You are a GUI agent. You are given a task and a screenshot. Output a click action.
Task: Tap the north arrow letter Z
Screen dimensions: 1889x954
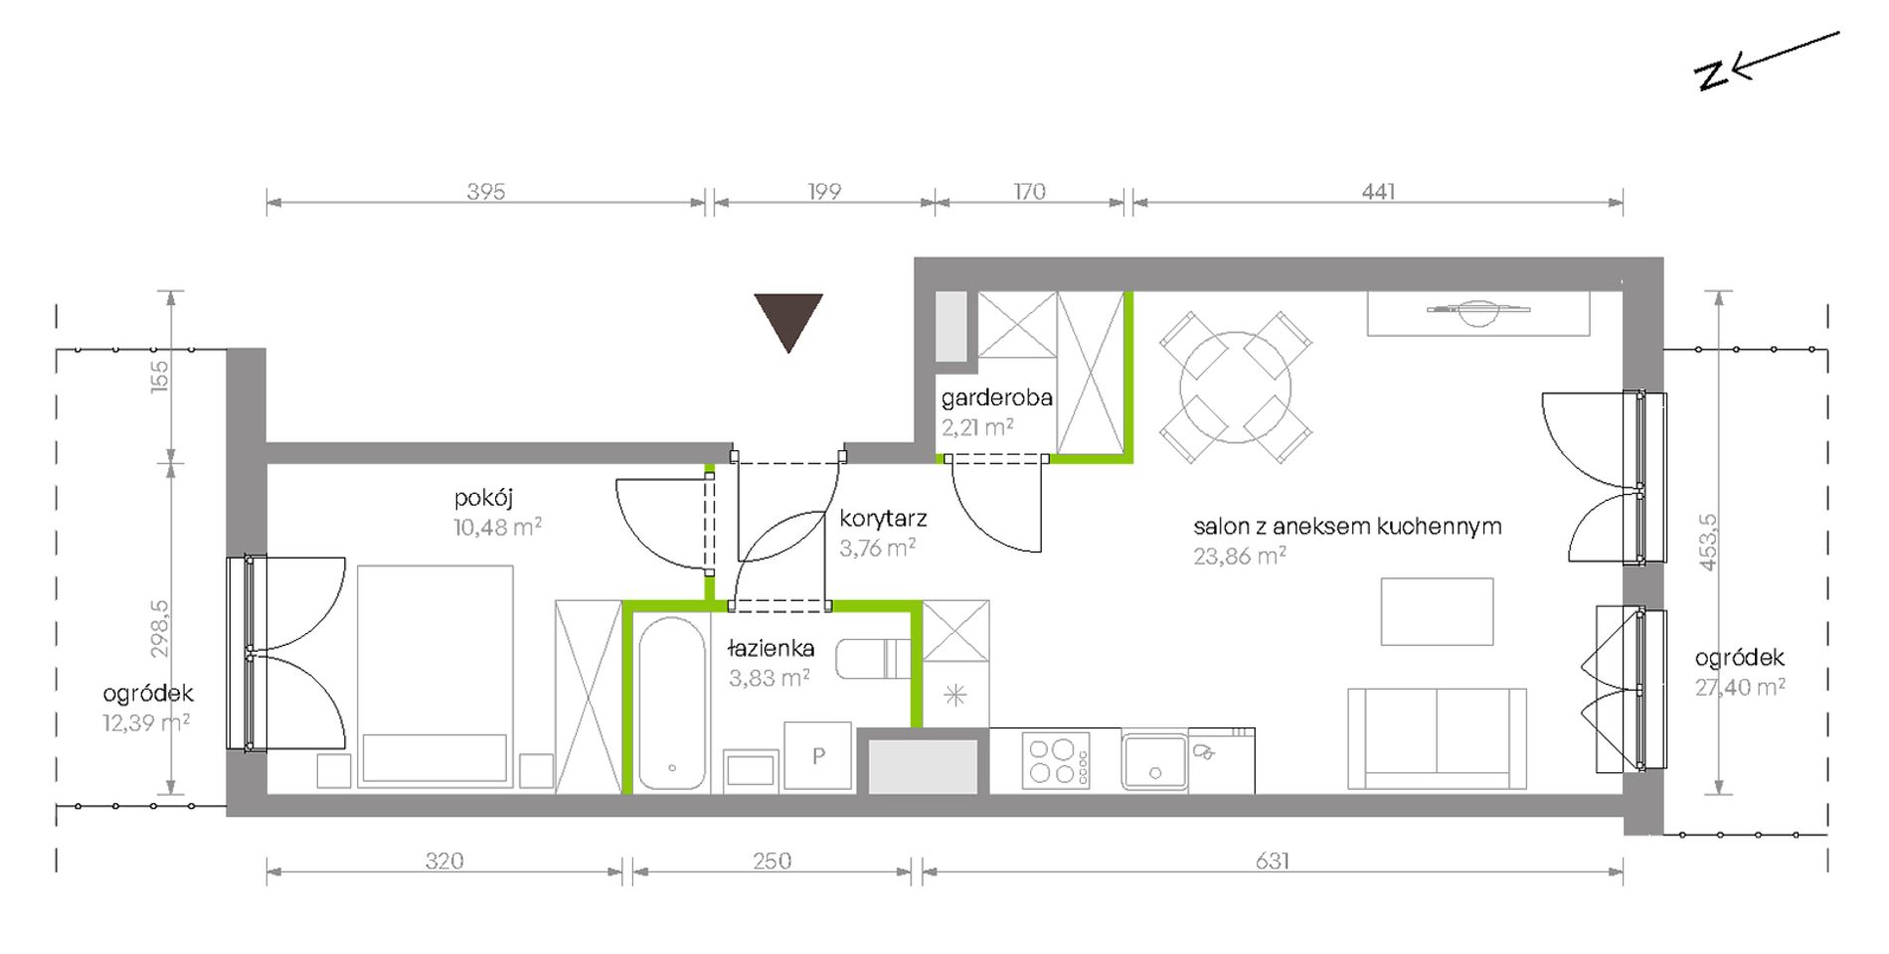(x=1712, y=76)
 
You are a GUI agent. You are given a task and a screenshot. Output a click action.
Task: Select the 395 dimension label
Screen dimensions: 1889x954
(x=486, y=191)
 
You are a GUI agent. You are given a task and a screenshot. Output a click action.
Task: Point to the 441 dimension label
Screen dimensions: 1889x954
(x=1378, y=191)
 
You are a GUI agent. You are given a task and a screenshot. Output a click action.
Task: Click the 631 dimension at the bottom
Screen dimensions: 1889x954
(x=1272, y=861)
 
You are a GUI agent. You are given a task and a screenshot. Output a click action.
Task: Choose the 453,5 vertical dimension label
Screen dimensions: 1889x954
(x=1707, y=542)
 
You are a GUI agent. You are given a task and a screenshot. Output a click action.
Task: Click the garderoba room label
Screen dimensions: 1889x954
(x=996, y=398)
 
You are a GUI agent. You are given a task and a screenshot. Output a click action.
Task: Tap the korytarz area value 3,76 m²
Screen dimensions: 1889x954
(x=877, y=548)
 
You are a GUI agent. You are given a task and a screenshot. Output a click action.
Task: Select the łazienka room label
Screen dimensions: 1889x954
(x=771, y=649)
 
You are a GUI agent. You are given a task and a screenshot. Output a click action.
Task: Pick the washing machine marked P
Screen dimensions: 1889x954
(x=817, y=756)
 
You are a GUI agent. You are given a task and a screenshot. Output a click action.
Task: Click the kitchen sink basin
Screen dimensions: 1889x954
(x=1154, y=762)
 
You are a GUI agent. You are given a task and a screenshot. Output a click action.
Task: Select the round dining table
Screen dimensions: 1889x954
(x=1235, y=388)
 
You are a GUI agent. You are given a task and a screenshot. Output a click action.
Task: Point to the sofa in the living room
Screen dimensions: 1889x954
(x=1437, y=738)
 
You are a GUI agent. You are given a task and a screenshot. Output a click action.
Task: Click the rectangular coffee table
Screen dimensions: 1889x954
(x=1437, y=611)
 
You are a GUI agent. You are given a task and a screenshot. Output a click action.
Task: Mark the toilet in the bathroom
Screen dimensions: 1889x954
(x=873, y=660)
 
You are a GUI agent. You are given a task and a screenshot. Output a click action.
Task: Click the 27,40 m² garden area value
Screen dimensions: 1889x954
(x=1740, y=687)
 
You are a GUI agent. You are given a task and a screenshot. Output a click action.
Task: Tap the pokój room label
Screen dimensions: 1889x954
(x=483, y=498)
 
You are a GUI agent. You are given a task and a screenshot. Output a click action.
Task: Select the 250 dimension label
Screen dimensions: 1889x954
(x=772, y=861)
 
